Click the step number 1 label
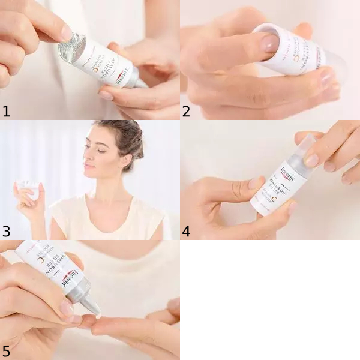tap(7, 111)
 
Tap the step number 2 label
tap(187, 111)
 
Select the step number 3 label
tap(7, 231)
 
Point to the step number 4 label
tap(187, 231)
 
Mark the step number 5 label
tap(7, 350)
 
